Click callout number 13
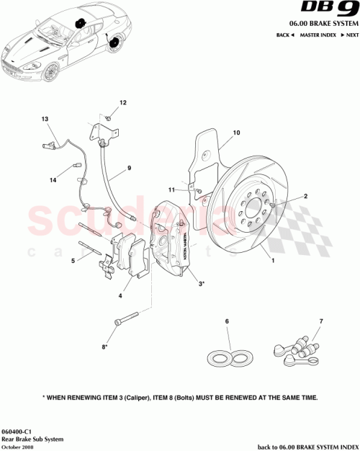click(x=45, y=119)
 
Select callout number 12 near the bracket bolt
click(x=122, y=104)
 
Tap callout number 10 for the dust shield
click(x=235, y=133)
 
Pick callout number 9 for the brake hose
click(x=129, y=169)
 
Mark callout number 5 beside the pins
click(x=72, y=262)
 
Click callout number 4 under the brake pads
click(x=120, y=295)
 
